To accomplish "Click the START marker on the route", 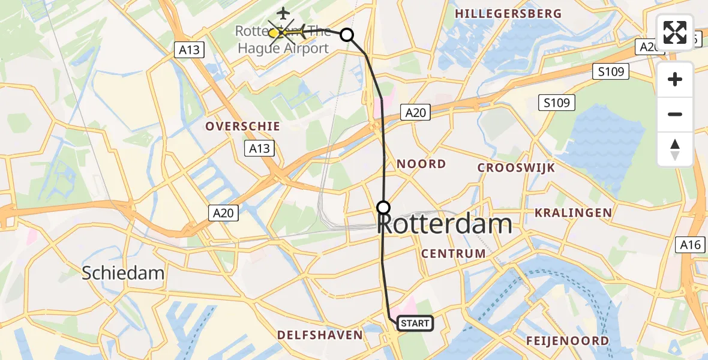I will [415, 323].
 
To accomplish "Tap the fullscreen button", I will [675, 32].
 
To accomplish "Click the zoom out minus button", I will [675, 114].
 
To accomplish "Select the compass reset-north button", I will [675, 149].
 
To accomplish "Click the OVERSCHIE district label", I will [242, 127].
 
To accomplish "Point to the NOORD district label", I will [421, 164].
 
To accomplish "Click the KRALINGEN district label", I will [573, 213].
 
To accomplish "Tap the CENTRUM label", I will [453, 254].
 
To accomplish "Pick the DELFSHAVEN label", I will [320, 335].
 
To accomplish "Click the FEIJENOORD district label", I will [567, 341].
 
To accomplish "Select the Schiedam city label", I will [122, 274].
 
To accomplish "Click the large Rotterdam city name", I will [445, 225].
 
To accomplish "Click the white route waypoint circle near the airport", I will [347, 35].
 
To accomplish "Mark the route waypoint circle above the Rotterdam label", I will [383, 208].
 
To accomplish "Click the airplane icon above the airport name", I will [283, 13].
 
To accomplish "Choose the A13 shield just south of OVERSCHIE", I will [259, 149].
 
